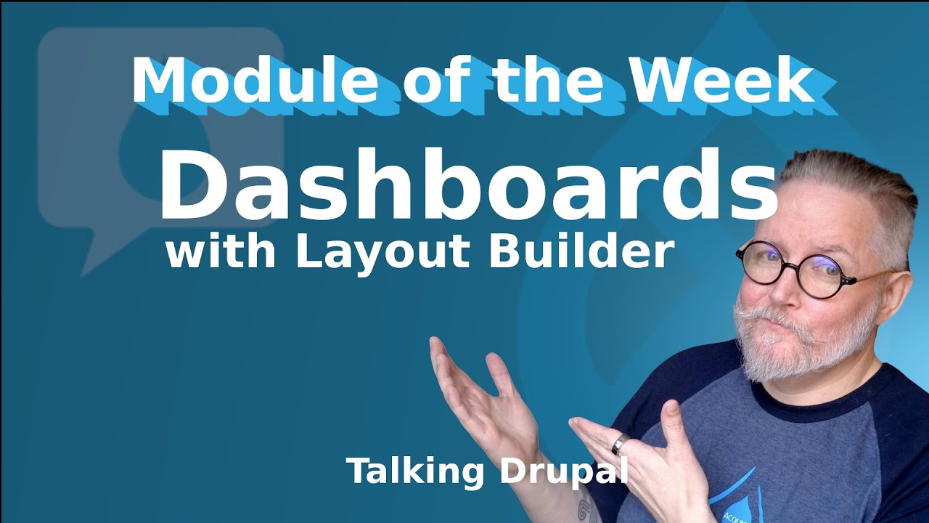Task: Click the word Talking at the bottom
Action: (415, 471)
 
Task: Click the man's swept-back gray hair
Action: (856, 182)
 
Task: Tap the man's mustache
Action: (784, 320)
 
